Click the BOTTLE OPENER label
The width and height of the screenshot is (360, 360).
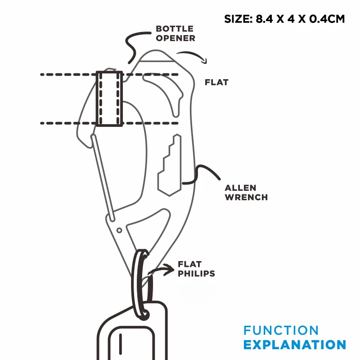tap(175, 34)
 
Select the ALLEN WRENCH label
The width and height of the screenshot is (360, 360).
tap(246, 192)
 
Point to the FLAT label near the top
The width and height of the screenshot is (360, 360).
tap(216, 82)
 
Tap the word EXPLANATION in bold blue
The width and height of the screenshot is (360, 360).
tap(295, 345)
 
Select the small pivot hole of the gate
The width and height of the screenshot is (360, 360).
tap(119, 230)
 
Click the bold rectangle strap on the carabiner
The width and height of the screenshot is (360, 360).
tap(109, 99)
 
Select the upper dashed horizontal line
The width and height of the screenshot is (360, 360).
tap(67, 74)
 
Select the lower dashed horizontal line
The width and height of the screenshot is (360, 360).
tap(67, 123)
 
